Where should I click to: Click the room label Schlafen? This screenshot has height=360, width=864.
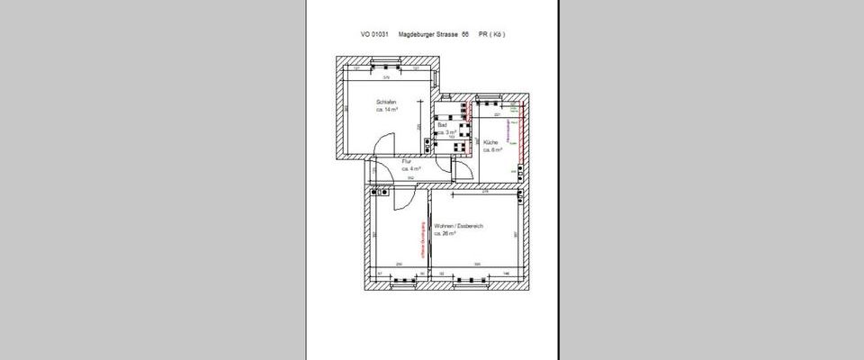(x=386, y=102)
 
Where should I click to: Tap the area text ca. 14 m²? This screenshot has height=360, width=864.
(x=387, y=110)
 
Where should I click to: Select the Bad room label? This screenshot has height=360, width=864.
(x=441, y=125)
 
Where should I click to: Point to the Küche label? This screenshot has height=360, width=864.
(x=490, y=143)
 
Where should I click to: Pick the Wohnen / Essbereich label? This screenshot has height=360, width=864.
(x=459, y=226)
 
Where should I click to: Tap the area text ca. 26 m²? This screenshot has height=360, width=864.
(x=445, y=233)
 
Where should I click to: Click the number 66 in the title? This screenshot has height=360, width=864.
(x=465, y=34)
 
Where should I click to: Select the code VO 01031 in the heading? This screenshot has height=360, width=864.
(x=373, y=34)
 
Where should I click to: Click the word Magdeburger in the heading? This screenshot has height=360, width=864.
(x=418, y=34)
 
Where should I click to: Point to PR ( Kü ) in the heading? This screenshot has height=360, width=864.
(x=491, y=34)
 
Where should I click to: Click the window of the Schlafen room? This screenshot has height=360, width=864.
(x=388, y=63)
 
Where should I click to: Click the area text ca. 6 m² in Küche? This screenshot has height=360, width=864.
(x=492, y=151)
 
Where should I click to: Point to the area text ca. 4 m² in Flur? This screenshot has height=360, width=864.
(x=411, y=168)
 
